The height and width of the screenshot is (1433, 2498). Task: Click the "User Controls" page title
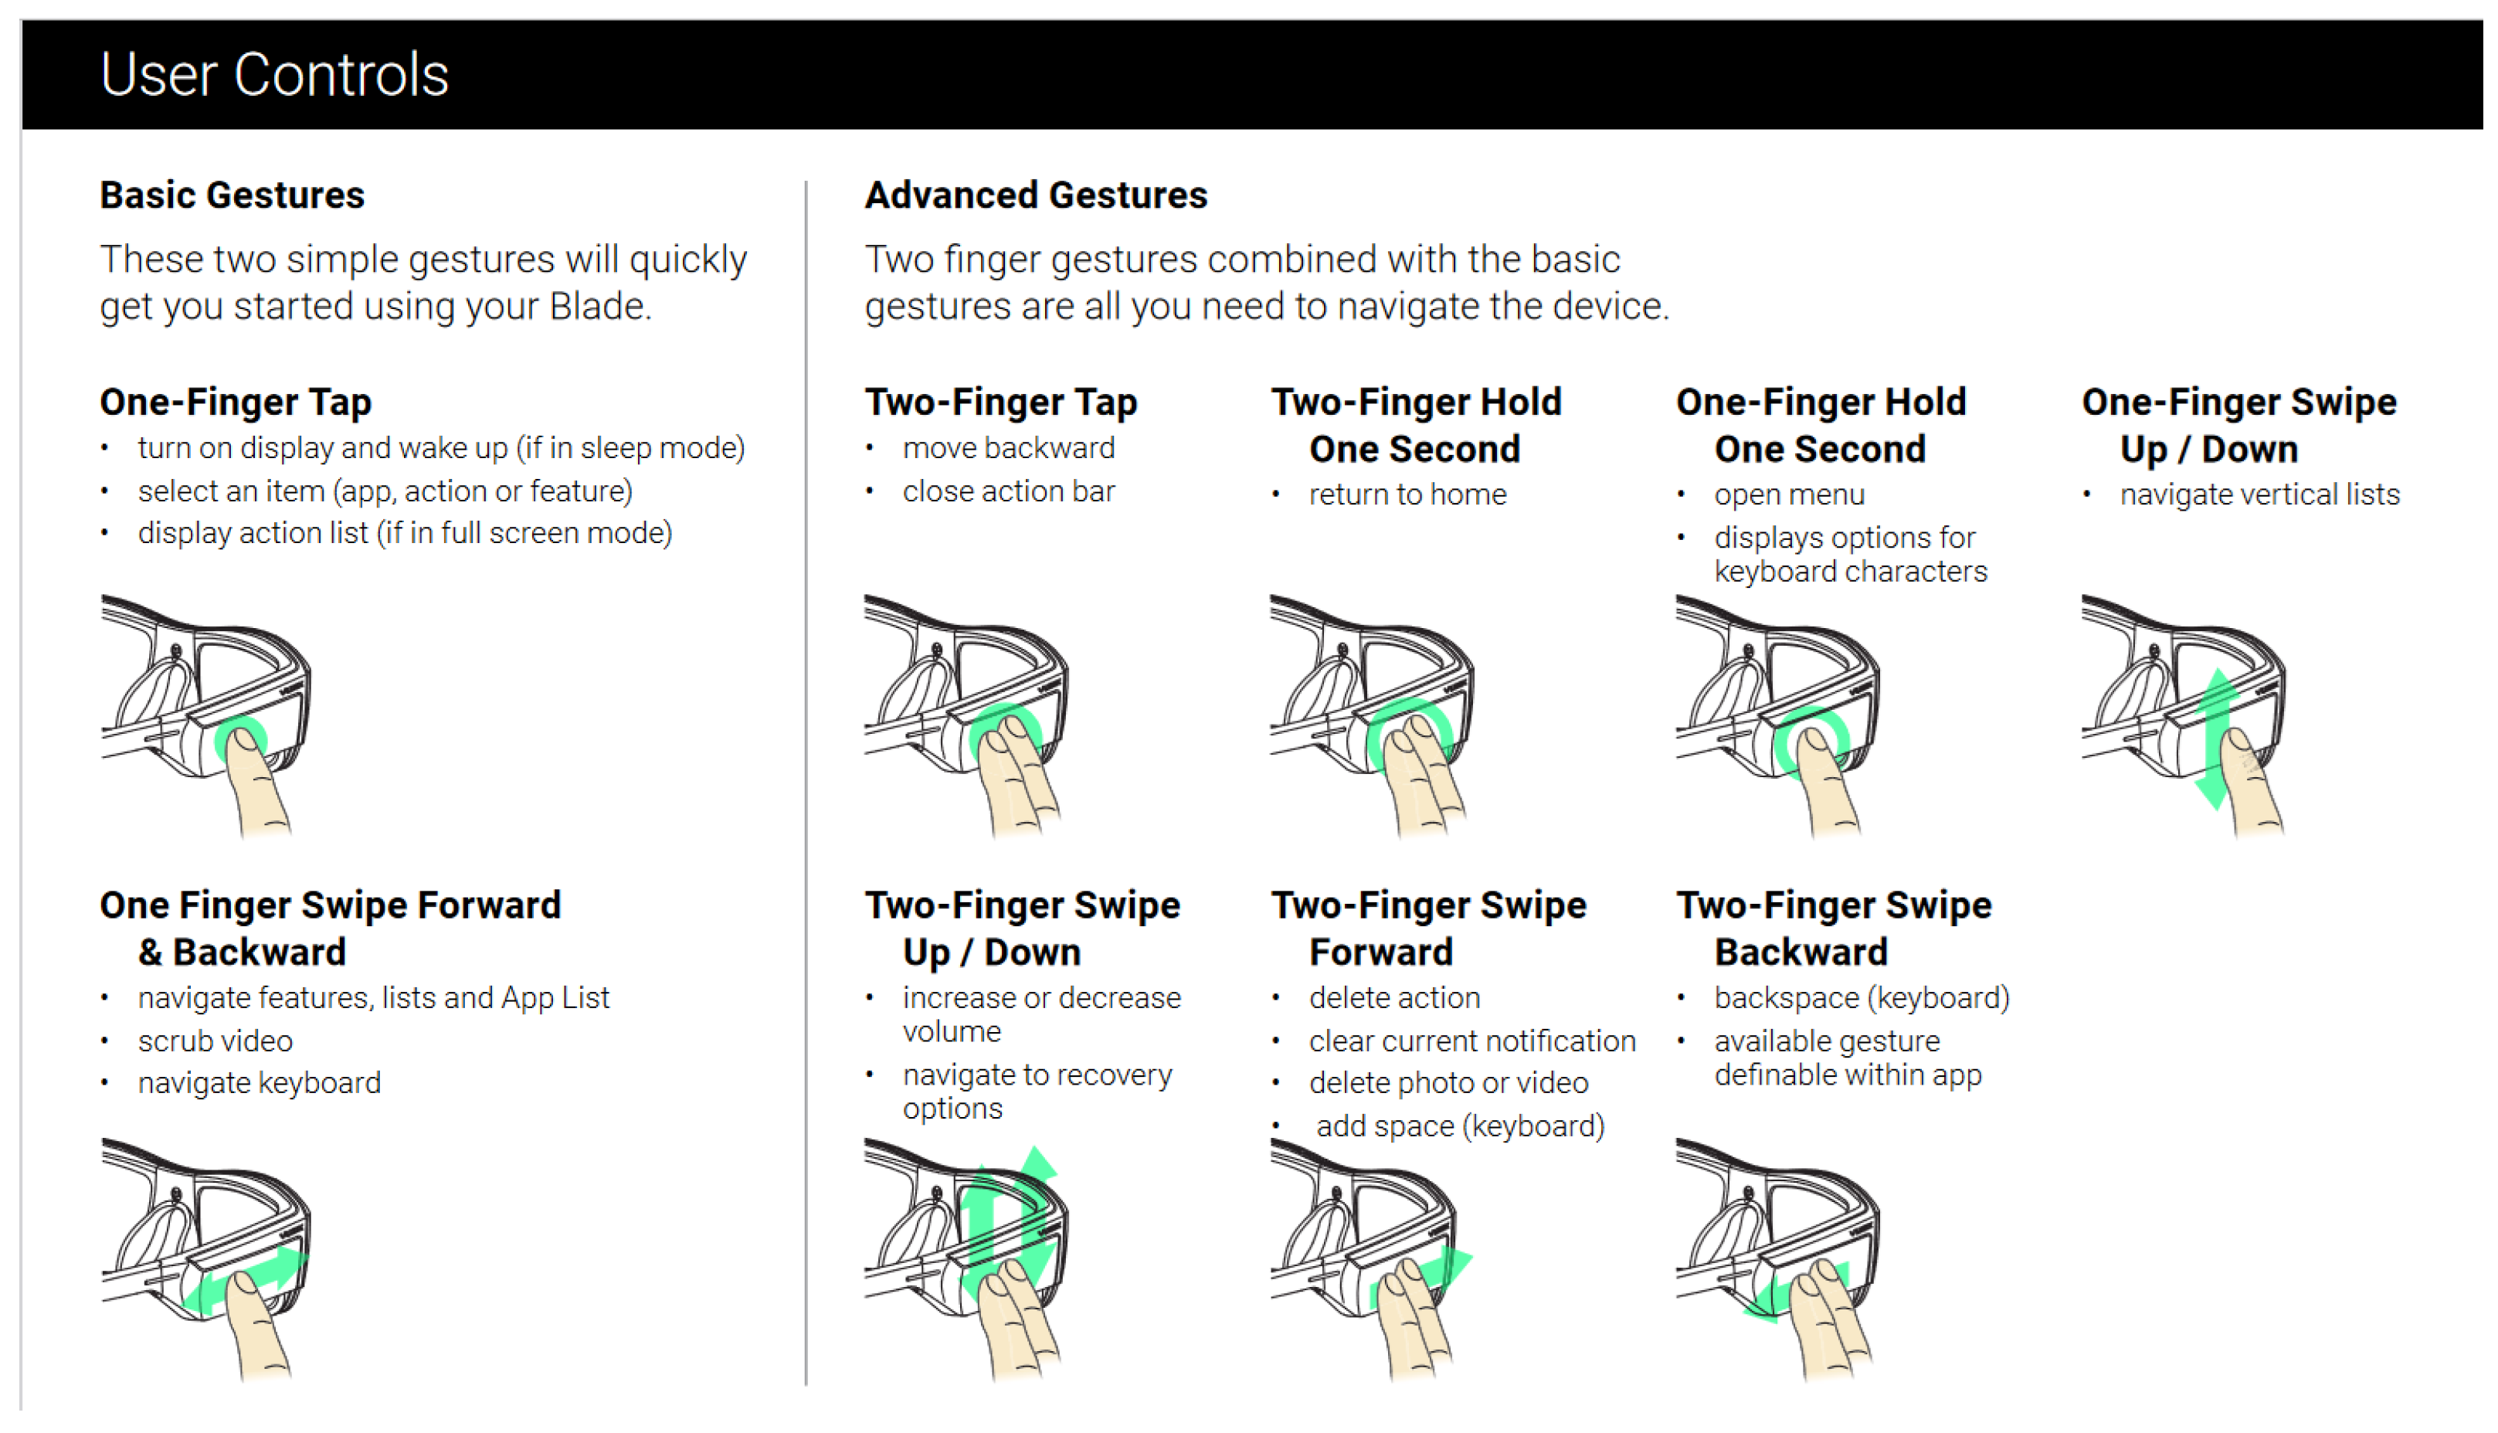point(274,75)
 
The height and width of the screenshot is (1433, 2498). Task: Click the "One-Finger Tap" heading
point(236,402)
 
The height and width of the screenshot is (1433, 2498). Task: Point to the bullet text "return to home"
point(1407,494)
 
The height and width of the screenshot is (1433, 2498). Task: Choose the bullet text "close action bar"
point(1009,491)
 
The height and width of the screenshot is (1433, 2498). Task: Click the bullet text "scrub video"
point(216,1041)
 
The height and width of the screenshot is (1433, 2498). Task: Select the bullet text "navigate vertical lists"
point(2260,494)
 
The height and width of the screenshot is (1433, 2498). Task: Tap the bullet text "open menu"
point(1789,495)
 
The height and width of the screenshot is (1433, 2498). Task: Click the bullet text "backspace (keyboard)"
point(1862,998)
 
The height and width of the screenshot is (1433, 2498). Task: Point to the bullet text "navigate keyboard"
point(260,1084)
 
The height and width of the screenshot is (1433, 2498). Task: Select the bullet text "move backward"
point(1009,449)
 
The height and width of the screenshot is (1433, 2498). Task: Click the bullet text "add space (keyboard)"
point(1460,1127)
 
